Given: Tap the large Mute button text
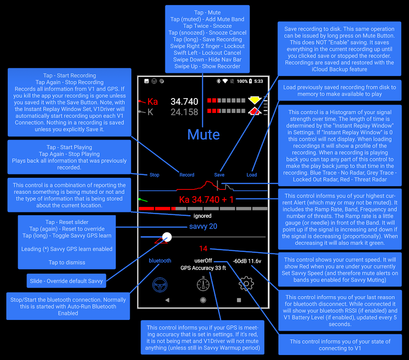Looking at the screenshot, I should [x=204, y=135].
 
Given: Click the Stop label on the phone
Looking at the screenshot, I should [x=155, y=175].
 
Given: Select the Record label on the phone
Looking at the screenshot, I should [x=187, y=175].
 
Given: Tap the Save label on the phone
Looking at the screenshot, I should [x=219, y=175].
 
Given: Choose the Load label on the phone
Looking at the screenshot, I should [x=251, y=175].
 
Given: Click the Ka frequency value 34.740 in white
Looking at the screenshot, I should [x=184, y=102].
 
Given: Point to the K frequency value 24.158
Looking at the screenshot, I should [x=184, y=112].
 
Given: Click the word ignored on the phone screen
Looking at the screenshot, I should [x=202, y=216].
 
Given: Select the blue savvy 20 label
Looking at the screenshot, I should [x=203, y=226].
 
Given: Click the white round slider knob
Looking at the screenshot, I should [x=167, y=237].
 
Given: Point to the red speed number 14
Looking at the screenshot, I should [x=203, y=249].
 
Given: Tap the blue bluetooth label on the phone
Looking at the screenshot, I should [x=160, y=261].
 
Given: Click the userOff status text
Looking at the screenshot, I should [x=203, y=261].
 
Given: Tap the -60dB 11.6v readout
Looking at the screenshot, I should [x=247, y=261].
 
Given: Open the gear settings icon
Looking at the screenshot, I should [x=246, y=283].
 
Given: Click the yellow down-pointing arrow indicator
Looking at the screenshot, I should [x=255, y=100].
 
